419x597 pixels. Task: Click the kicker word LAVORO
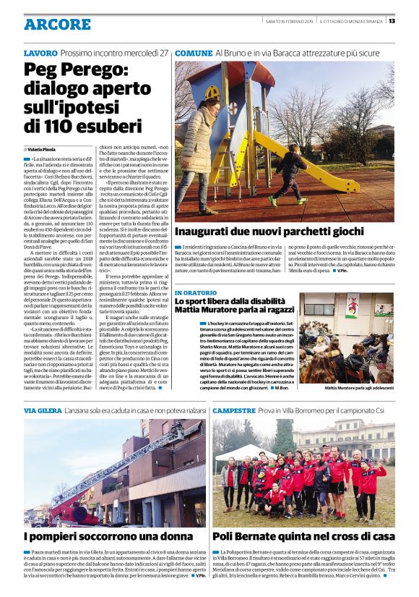tap(40, 54)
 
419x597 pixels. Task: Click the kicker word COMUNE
tap(194, 54)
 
